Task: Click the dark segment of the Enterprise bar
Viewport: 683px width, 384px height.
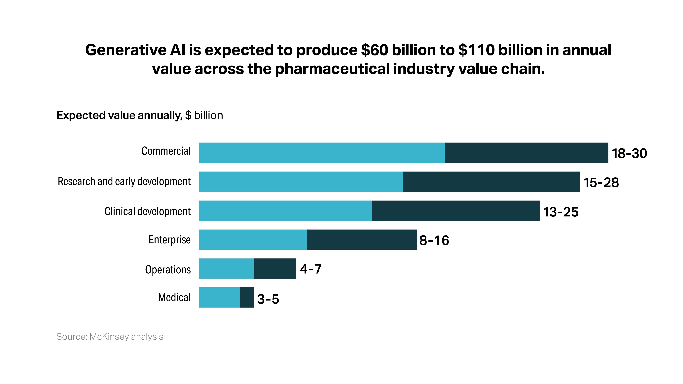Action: pos(361,240)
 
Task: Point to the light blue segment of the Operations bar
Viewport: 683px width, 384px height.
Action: pos(226,269)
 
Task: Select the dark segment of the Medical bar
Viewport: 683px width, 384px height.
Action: pos(247,297)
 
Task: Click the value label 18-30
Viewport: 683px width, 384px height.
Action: pos(629,153)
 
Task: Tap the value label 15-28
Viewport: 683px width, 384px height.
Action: pos(601,183)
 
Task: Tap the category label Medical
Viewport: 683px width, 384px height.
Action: pos(174,297)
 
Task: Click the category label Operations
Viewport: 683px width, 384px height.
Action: pos(168,270)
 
